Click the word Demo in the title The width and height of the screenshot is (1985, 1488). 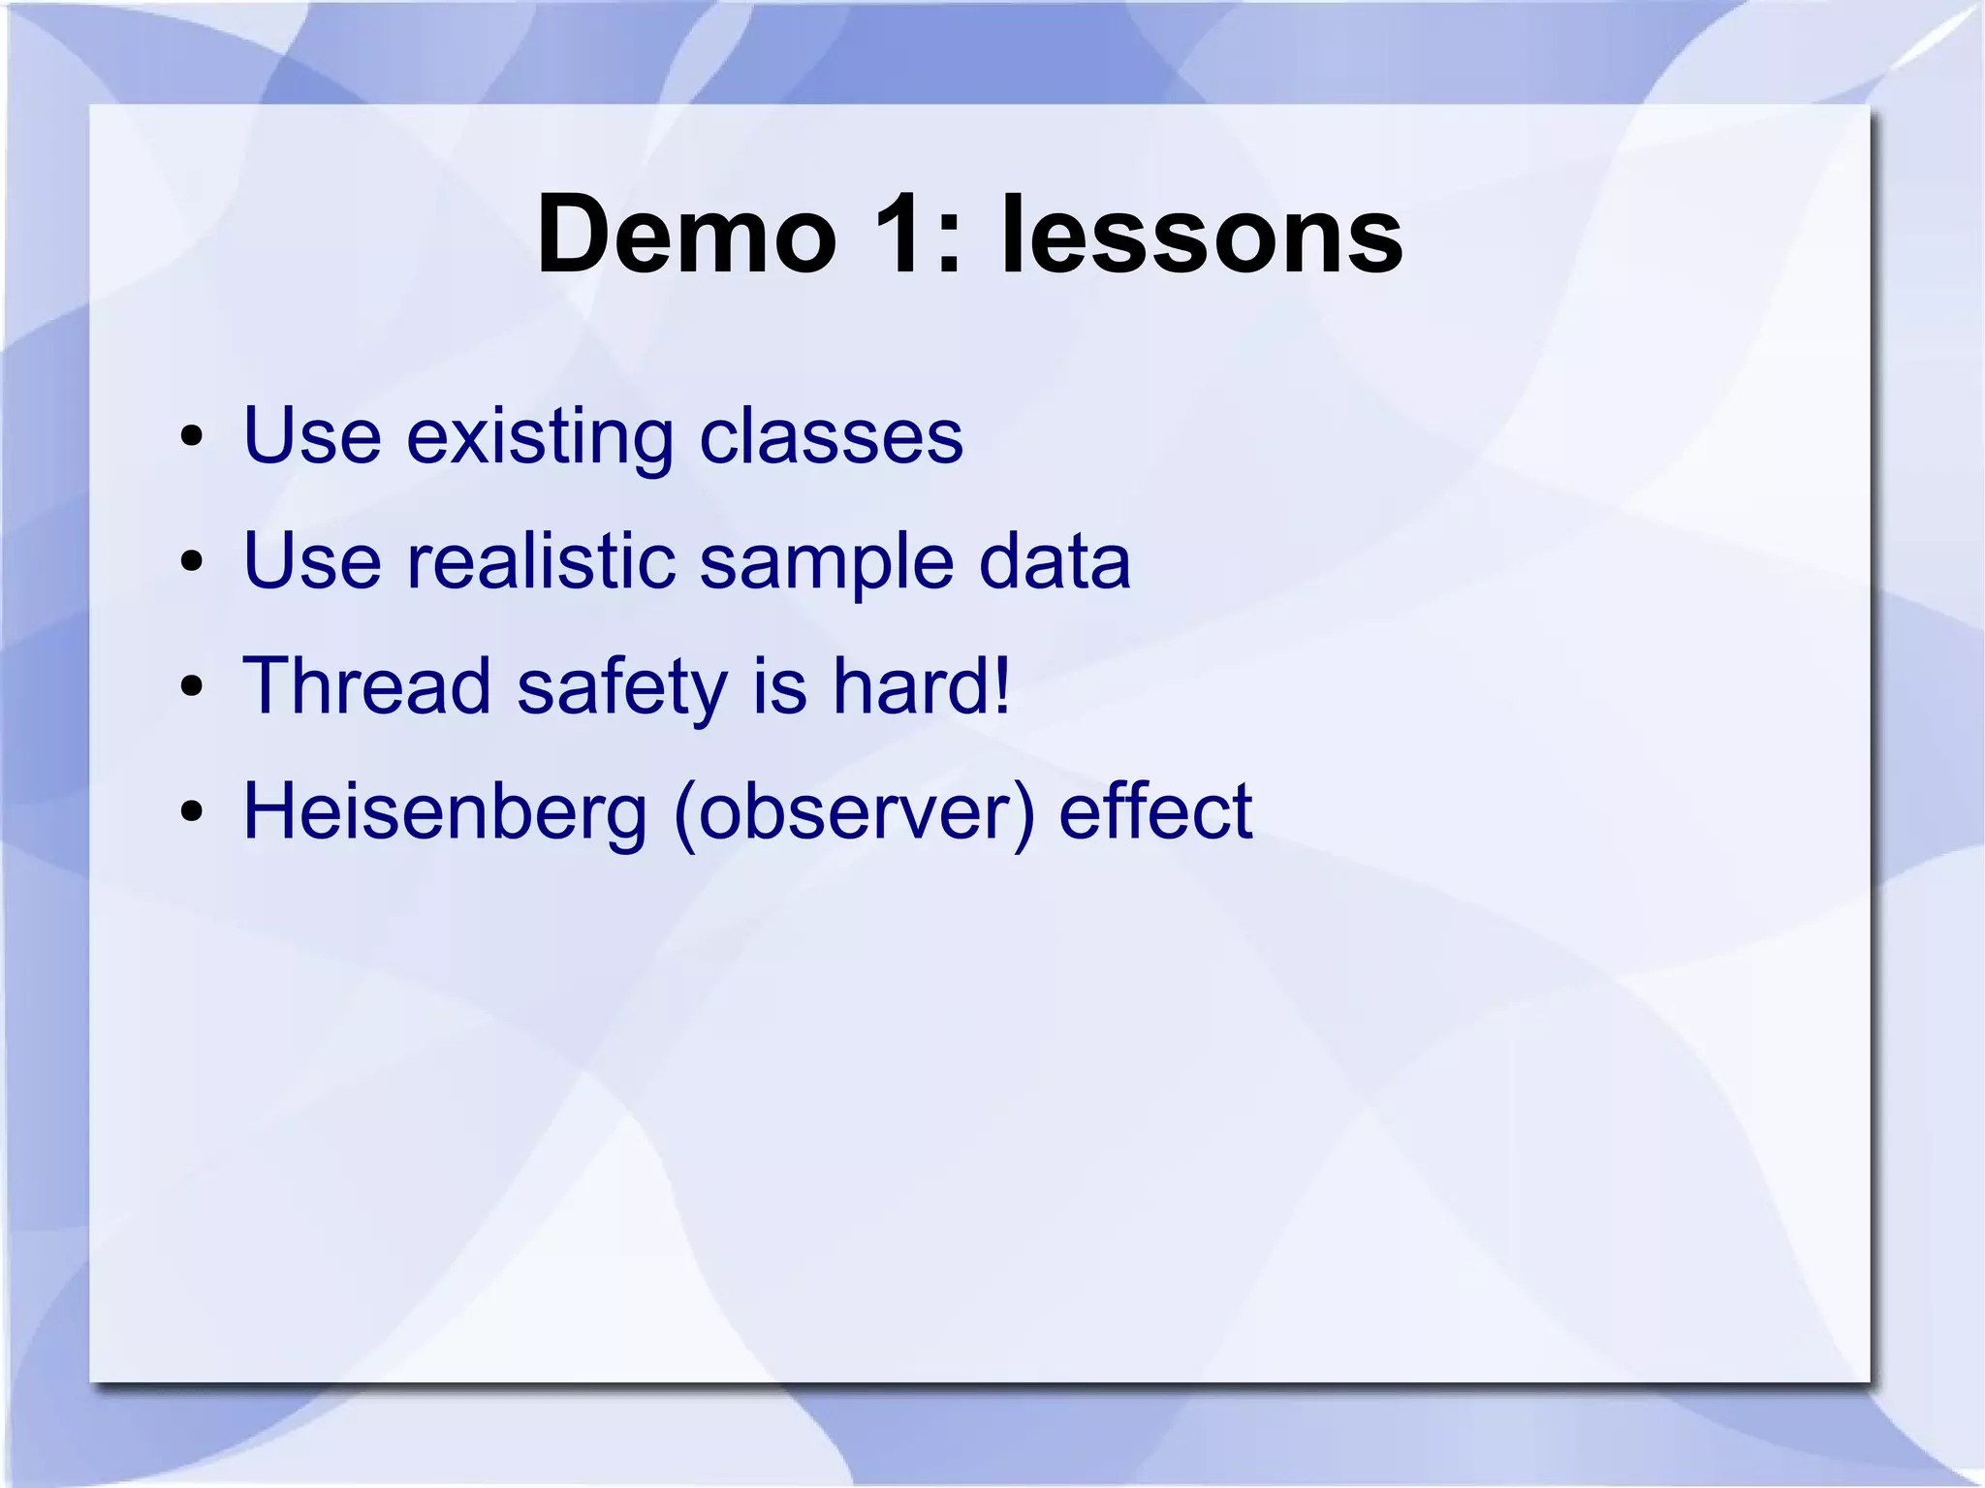pyautogui.click(x=687, y=236)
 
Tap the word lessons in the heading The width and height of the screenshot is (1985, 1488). pyautogui.click(x=1201, y=236)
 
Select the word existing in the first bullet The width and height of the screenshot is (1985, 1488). pyautogui.click(x=539, y=437)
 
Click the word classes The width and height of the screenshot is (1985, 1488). pyautogui.click(x=831, y=437)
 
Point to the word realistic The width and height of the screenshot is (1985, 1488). pyautogui.click(x=540, y=561)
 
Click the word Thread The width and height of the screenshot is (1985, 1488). pyautogui.click(x=366, y=686)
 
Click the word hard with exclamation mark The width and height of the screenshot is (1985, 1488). pyautogui.click(x=921, y=686)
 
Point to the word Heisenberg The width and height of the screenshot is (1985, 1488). pyautogui.click(x=444, y=813)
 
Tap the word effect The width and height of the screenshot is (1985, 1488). pyautogui.click(x=1154, y=811)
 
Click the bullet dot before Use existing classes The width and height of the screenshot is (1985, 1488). pyautogui.click(x=191, y=437)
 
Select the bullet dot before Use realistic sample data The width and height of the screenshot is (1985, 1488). pyautogui.click(x=191, y=562)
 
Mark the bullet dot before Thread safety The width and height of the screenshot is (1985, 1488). pyautogui.click(x=191, y=687)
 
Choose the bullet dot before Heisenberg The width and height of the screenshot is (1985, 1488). pyautogui.click(x=191, y=812)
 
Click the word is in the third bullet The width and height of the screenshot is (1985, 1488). pyautogui.click(x=779, y=686)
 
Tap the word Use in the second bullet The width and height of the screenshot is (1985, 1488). pyautogui.click(x=311, y=561)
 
